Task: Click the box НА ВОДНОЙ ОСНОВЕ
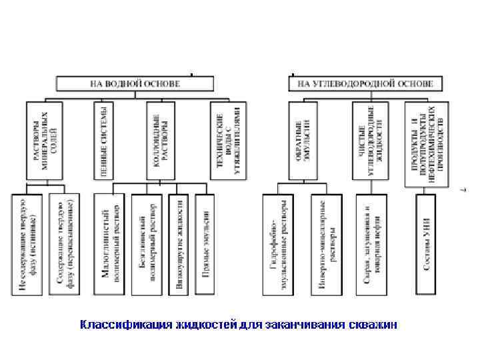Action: [x=135, y=84]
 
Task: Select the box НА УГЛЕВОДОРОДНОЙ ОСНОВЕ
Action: [x=365, y=84]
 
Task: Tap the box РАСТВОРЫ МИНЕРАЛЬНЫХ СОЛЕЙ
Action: [x=45, y=139]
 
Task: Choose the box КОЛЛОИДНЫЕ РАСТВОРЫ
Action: [x=160, y=139]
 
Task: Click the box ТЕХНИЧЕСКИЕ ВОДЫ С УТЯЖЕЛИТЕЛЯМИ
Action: [x=227, y=139]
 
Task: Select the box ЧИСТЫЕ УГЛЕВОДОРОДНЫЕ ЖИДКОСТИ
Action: [x=371, y=139]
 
